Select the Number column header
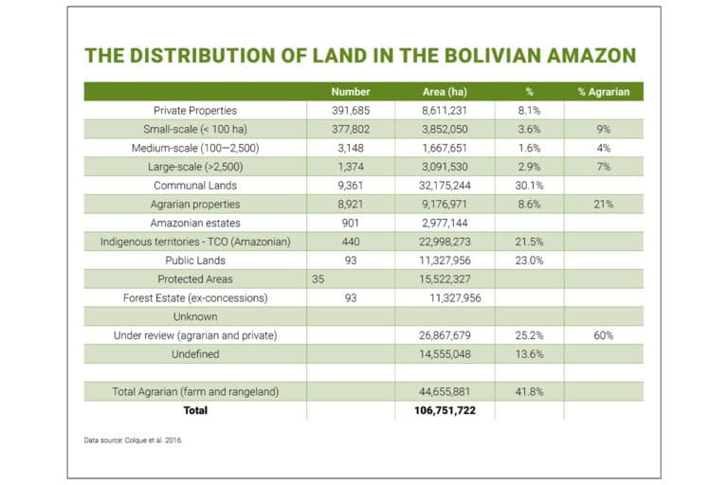[350, 92]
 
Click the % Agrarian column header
[603, 92]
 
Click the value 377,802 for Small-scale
[350, 130]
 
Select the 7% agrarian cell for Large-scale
[603, 167]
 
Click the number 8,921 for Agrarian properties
[350, 204]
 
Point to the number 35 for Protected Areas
[318, 279]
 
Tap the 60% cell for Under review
[603, 335]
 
